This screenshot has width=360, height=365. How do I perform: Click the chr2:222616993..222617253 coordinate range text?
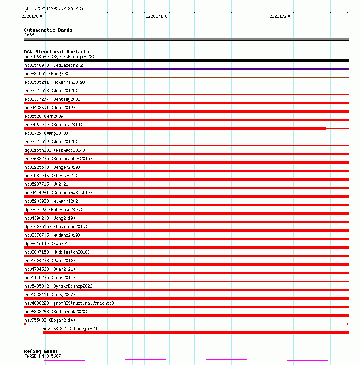point(55,8)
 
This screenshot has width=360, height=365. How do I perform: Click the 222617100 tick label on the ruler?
point(157,16)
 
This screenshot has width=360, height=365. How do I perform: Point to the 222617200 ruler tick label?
point(280,16)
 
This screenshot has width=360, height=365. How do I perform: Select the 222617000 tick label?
point(33,16)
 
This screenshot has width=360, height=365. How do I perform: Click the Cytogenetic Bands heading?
point(48,30)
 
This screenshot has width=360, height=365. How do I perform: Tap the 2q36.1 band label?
point(32,35)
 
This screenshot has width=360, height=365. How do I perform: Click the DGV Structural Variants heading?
point(56,52)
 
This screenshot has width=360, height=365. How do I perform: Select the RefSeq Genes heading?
point(41,351)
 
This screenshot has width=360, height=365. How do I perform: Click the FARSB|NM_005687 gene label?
point(42,356)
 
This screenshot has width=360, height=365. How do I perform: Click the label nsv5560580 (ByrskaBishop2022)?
point(59,57)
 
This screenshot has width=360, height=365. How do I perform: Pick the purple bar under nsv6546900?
point(186,69)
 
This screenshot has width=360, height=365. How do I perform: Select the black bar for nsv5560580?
point(186,61)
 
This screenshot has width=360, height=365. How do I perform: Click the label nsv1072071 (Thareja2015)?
point(72,329)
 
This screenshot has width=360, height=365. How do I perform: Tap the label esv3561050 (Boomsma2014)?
point(53,125)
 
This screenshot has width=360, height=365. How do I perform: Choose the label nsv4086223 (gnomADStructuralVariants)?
point(69,303)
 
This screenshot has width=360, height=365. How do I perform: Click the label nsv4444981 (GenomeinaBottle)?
point(58,193)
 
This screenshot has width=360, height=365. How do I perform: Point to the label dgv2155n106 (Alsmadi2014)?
point(55,150)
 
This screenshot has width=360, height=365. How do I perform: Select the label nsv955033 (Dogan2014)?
point(50,320)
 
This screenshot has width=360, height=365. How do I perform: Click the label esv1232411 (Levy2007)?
point(50,295)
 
